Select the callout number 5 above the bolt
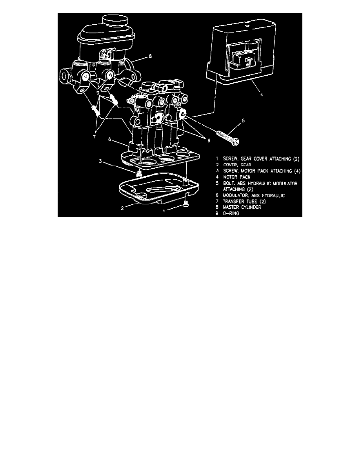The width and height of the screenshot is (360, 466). (x=243, y=121)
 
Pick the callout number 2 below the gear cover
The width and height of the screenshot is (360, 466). (x=122, y=208)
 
